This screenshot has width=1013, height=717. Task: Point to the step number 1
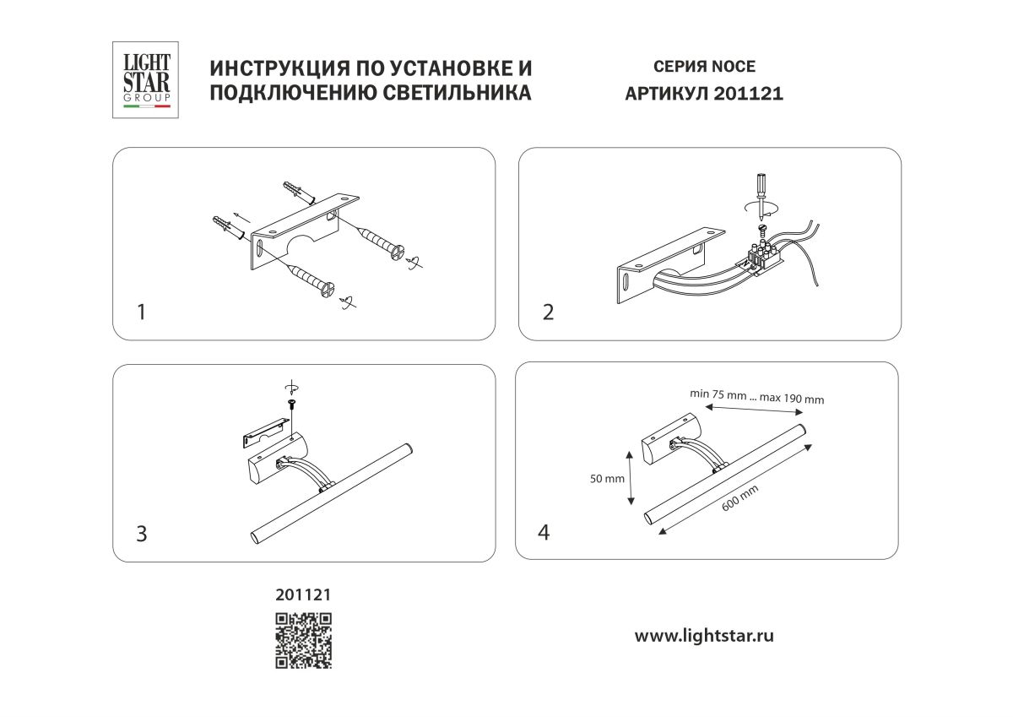(142, 312)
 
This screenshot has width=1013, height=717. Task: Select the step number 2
(549, 312)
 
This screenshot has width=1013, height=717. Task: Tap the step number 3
(142, 534)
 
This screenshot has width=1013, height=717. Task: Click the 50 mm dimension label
(607, 479)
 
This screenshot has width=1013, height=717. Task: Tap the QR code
(303, 640)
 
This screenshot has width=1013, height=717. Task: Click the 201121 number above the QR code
(303, 595)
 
